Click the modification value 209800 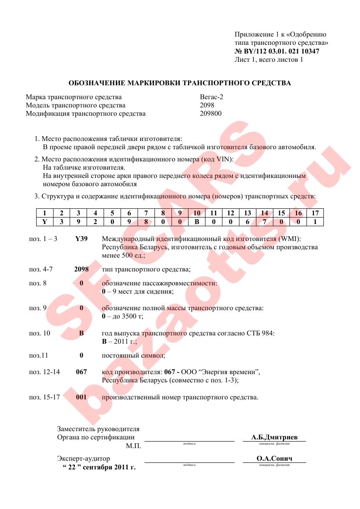click(x=211, y=114)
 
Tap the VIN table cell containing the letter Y click(x=44, y=221)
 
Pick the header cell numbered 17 click(x=315, y=213)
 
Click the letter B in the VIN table click(x=196, y=221)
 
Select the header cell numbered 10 click(x=196, y=213)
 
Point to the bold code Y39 click(x=81, y=239)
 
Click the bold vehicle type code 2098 click(x=81, y=269)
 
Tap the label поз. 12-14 click(x=44, y=372)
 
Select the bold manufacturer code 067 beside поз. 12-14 click(x=81, y=372)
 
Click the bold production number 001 click(x=81, y=397)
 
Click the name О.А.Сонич click(x=274, y=459)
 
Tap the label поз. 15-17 click(x=44, y=397)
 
